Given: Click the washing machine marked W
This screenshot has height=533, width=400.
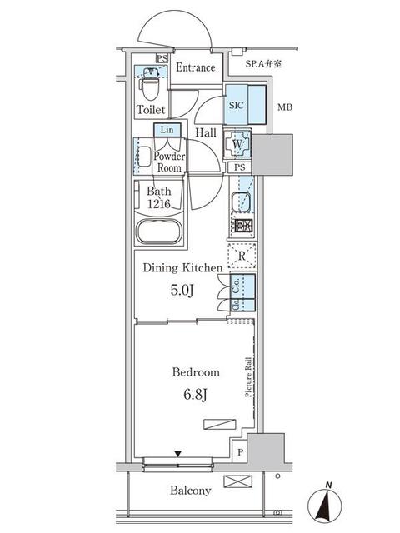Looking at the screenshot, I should coord(238,144).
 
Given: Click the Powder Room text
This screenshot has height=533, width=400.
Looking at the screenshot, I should coord(170,161).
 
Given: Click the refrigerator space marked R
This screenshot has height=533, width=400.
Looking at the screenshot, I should coord(241,257).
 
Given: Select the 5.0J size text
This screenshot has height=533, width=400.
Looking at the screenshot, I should coord(182,292).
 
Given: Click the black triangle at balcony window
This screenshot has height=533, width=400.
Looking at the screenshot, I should coord(177,454).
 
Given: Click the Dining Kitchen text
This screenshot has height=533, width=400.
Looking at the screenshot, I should coord(182,268).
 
